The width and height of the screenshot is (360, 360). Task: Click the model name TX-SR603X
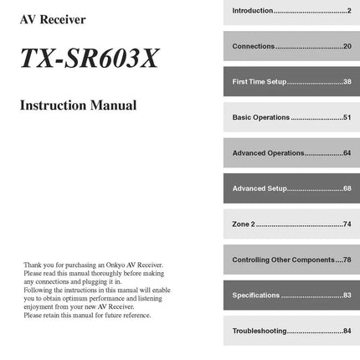(89, 59)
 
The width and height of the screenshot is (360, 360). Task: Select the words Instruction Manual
(78, 106)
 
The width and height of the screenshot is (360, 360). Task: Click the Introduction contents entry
(253, 10)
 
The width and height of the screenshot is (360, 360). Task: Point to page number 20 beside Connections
(347, 46)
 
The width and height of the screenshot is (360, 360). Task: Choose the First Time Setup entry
(260, 82)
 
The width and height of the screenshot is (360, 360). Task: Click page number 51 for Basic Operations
(347, 118)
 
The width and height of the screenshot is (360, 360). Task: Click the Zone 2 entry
(242, 225)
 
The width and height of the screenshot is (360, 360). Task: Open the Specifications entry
(255, 296)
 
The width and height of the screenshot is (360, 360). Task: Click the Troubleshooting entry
(260, 332)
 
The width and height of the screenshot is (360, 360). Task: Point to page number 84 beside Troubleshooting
(347, 332)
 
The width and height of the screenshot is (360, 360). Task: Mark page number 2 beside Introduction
(349, 10)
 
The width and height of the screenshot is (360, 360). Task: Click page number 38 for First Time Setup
(347, 82)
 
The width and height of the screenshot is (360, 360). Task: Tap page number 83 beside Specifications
(347, 296)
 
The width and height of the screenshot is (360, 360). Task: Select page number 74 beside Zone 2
(347, 225)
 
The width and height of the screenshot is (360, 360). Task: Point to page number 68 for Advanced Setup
(347, 189)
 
